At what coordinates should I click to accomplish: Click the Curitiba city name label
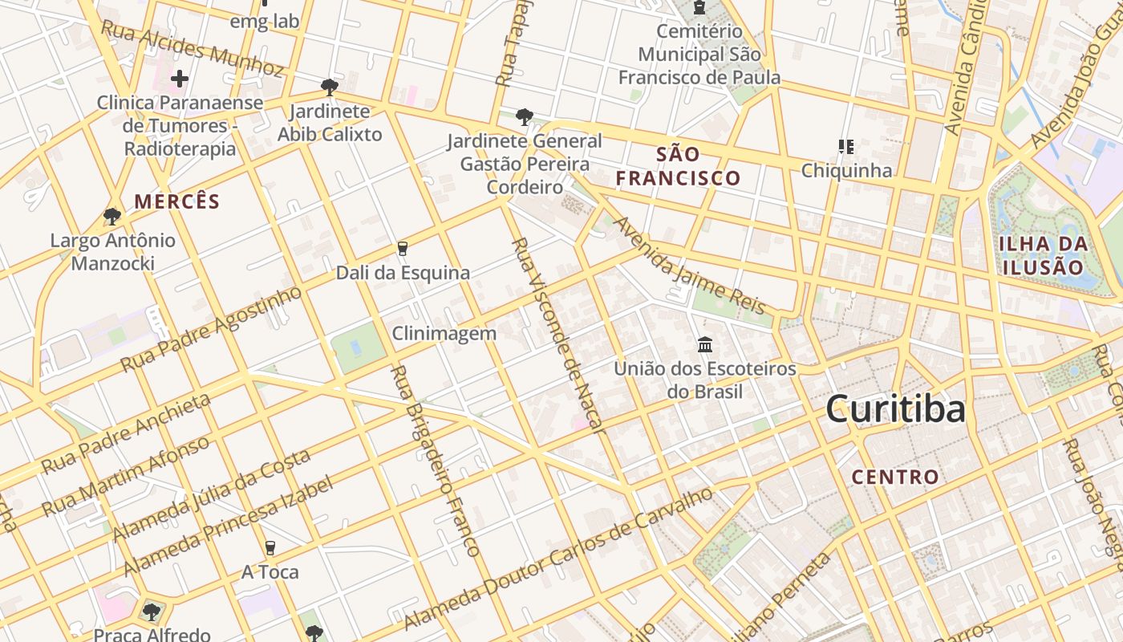coord(895,409)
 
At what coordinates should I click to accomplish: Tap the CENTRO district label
coord(894,477)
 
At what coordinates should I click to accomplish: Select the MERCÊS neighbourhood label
coord(176,201)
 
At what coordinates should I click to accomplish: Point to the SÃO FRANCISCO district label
coord(678,166)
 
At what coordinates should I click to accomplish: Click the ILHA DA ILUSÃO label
coord(1043,255)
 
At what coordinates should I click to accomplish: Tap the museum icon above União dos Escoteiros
coord(705,345)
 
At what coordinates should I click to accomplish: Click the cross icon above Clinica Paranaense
coord(180,79)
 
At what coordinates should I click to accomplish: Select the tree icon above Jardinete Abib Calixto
coord(329,87)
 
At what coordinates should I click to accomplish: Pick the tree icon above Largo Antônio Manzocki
coord(112,217)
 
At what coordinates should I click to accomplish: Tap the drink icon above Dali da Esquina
coord(403,249)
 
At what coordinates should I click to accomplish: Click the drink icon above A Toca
coord(270,548)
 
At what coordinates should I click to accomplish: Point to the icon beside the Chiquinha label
coord(845,147)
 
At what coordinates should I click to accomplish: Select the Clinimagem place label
coord(444,333)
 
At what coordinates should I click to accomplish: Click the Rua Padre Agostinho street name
coord(212,328)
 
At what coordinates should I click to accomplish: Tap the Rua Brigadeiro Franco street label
coord(434,461)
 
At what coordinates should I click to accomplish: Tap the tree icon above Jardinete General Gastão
coord(525,117)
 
